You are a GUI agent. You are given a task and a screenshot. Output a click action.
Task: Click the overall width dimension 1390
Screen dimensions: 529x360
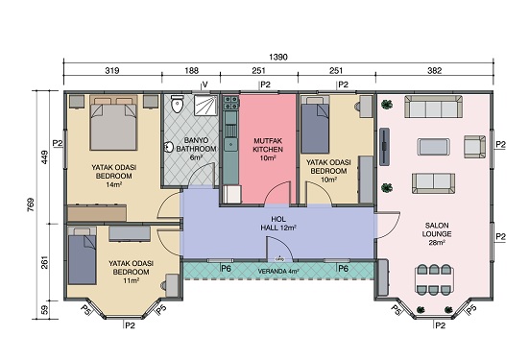pos(278,57)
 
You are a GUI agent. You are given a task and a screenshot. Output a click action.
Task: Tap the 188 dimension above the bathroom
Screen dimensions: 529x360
pos(191,70)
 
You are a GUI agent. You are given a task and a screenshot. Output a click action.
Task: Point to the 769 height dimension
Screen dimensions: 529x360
pos(31,204)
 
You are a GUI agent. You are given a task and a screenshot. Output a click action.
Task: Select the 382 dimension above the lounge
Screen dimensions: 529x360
pos(434,70)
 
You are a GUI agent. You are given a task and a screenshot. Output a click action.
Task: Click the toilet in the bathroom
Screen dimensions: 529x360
pos(177,104)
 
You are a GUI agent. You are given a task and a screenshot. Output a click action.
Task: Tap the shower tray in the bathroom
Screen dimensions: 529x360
pos(205,105)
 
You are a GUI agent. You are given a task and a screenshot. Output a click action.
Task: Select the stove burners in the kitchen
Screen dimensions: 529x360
pos(231,102)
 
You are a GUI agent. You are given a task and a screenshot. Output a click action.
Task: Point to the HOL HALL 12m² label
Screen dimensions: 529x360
pos(278,224)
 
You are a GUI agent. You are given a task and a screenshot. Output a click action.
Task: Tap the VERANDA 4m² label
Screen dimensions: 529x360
pos(277,272)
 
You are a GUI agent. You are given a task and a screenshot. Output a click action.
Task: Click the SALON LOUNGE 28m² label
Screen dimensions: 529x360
pos(437,234)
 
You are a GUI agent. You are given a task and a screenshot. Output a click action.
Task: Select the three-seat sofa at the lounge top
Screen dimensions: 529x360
pos(434,107)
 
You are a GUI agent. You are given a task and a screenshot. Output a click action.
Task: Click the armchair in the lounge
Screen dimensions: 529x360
pos(474,147)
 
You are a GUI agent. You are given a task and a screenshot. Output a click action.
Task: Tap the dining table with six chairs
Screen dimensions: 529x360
pos(434,279)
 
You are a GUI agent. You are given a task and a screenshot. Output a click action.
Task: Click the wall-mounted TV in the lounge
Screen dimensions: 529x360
pos(384,147)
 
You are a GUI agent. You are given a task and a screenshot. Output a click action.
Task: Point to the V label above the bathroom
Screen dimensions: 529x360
pos(204,84)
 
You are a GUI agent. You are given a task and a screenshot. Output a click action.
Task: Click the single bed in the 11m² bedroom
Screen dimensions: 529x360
pos(82,255)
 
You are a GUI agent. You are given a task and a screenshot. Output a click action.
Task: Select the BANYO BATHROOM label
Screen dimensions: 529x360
pos(196,144)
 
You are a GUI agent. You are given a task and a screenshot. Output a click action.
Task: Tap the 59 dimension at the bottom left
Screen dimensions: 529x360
pos(44,310)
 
